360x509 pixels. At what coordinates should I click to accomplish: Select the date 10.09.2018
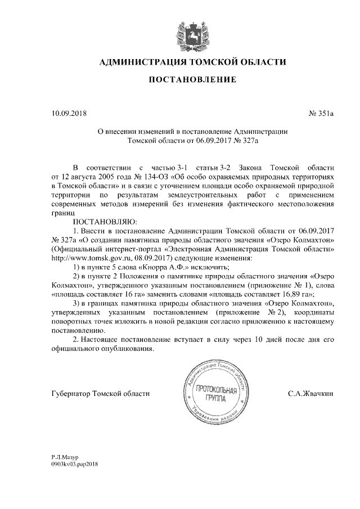tap(66, 114)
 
